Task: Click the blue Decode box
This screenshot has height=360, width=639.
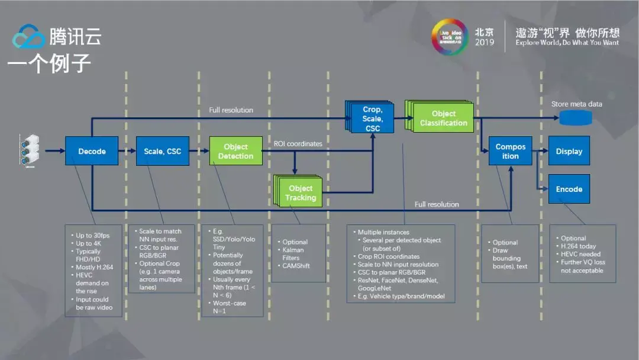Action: pyautogui.click(x=92, y=151)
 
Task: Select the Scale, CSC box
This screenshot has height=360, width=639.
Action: pyautogui.click(x=162, y=151)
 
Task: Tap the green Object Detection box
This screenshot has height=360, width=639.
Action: pyautogui.click(x=235, y=151)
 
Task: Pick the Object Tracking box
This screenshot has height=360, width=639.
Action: pyautogui.click(x=300, y=193)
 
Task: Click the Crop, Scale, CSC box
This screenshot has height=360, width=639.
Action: pyautogui.click(x=372, y=118)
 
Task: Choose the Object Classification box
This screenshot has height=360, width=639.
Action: pyautogui.click(x=443, y=118)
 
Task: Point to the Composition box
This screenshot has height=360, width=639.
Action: pyautogui.click(x=510, y=151)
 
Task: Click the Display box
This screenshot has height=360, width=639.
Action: pyautogui.click(x=569, y=151)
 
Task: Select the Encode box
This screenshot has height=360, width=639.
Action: pyautogui.click(x=569, y=189)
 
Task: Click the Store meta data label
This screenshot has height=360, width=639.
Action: pyautogui.click(x=576, y=104)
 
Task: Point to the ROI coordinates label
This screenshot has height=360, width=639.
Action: pyautogui.click(x=298, y=143)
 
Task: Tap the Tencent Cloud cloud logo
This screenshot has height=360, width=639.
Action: pyautogui.click(x=28, y=36)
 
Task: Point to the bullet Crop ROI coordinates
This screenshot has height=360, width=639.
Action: pyautogui.click(x=389, y=256)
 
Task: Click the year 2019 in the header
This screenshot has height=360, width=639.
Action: pyautogui.click(x=484, y=43)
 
